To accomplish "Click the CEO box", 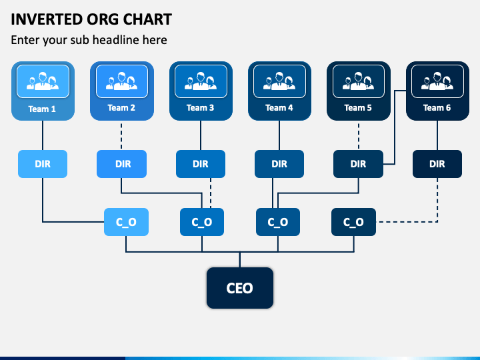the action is (240, 288).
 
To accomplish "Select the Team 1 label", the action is (42, 109).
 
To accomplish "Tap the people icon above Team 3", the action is (201, 81).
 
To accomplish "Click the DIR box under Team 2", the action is (121, 164).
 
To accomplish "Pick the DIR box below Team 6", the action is (437, 164).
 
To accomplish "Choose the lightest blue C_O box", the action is (126, 222).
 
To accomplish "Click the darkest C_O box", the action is (353, 222).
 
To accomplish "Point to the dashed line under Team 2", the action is (121, 135).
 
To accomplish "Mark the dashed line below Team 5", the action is (359, 135).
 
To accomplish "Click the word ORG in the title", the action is (102, 19).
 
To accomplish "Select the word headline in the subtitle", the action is (115, 40).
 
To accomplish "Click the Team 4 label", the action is (279, 108).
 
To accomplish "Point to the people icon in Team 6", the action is (437, 81).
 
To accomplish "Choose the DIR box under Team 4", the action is (279, 164).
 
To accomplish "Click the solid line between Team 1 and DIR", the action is (43, 135).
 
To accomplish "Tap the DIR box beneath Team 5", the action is (358, 164).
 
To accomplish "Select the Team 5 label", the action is (358, 108).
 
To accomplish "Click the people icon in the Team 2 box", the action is (121, 81).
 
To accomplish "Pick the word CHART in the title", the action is (147, 19).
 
